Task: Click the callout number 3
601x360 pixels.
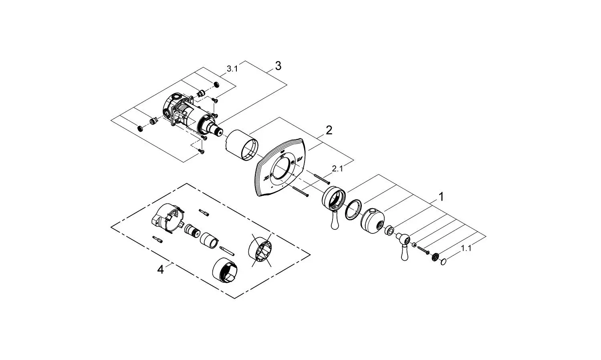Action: [278, 66]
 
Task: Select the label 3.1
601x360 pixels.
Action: [232, 69]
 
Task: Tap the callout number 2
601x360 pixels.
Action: [329, 130]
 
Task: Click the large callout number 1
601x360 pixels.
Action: [441, 197]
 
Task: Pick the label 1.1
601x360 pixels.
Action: [466, 248]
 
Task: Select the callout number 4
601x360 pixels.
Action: [160, 270]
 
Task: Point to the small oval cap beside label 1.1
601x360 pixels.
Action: [443, 262]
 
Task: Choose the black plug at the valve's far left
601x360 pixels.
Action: [140, 128]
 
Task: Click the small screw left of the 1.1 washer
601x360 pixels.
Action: [423, 250]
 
